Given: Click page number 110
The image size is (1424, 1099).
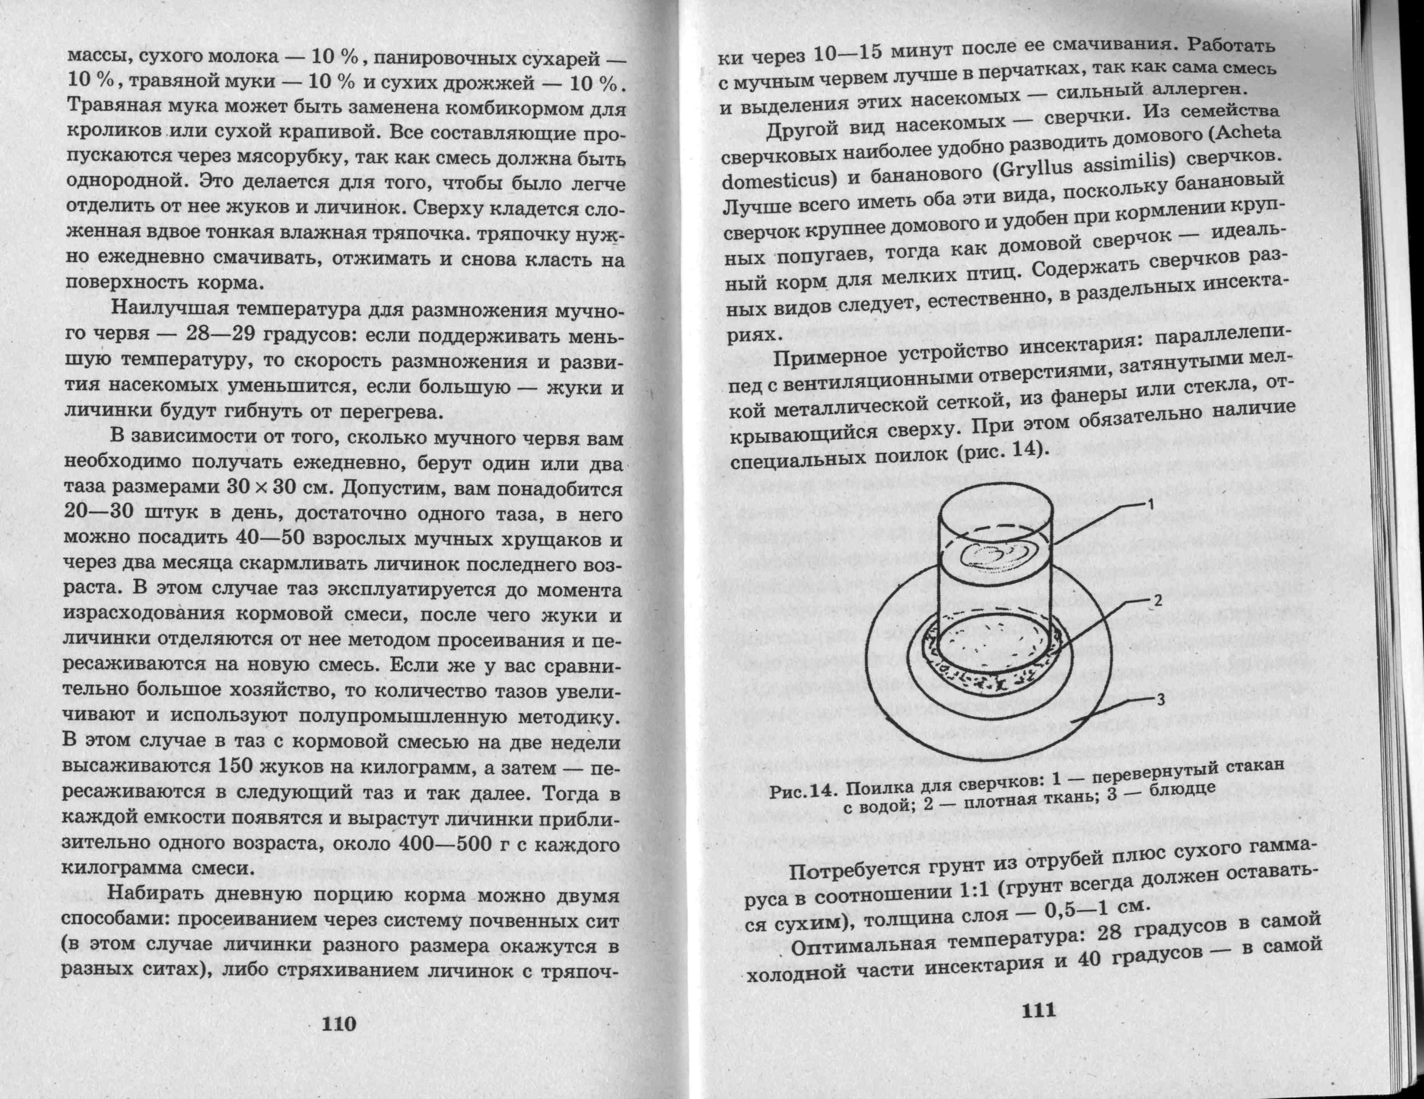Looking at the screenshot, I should click(339, 1023).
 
